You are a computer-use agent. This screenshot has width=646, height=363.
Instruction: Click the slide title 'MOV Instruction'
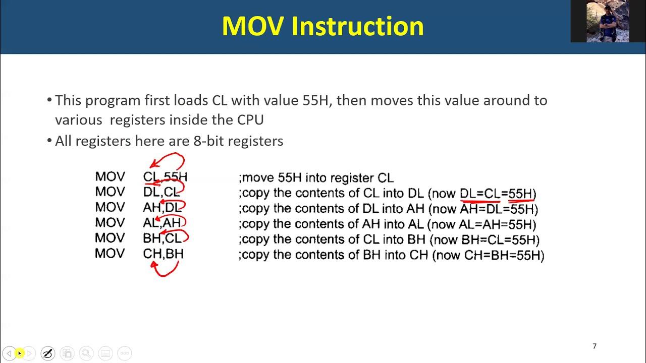tap(322, 26)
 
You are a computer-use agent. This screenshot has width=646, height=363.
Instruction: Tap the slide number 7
tap(595, 346)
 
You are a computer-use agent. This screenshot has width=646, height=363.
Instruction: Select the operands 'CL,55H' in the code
tap(165, 177)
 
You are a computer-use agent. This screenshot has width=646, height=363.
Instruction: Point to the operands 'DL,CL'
tap(161, 192)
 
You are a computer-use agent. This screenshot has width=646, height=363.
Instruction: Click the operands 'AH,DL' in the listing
tap(161, 207)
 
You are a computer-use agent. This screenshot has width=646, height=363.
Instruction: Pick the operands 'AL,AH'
tap(161, 222)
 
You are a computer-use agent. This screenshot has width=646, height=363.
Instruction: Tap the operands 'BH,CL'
tap(161, 238)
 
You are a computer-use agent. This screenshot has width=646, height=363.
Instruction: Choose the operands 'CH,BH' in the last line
tap(163, 253)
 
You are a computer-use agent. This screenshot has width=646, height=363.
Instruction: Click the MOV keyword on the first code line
tap(110, 177)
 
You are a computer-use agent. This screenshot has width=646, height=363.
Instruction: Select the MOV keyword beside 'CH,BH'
tap(110, 253)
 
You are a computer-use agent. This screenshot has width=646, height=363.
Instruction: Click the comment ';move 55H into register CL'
tap(316, 178)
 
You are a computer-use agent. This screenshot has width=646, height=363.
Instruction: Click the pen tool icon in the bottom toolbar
tap(47, 353)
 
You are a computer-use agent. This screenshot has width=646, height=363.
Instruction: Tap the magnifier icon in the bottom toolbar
tap(86, 353)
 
